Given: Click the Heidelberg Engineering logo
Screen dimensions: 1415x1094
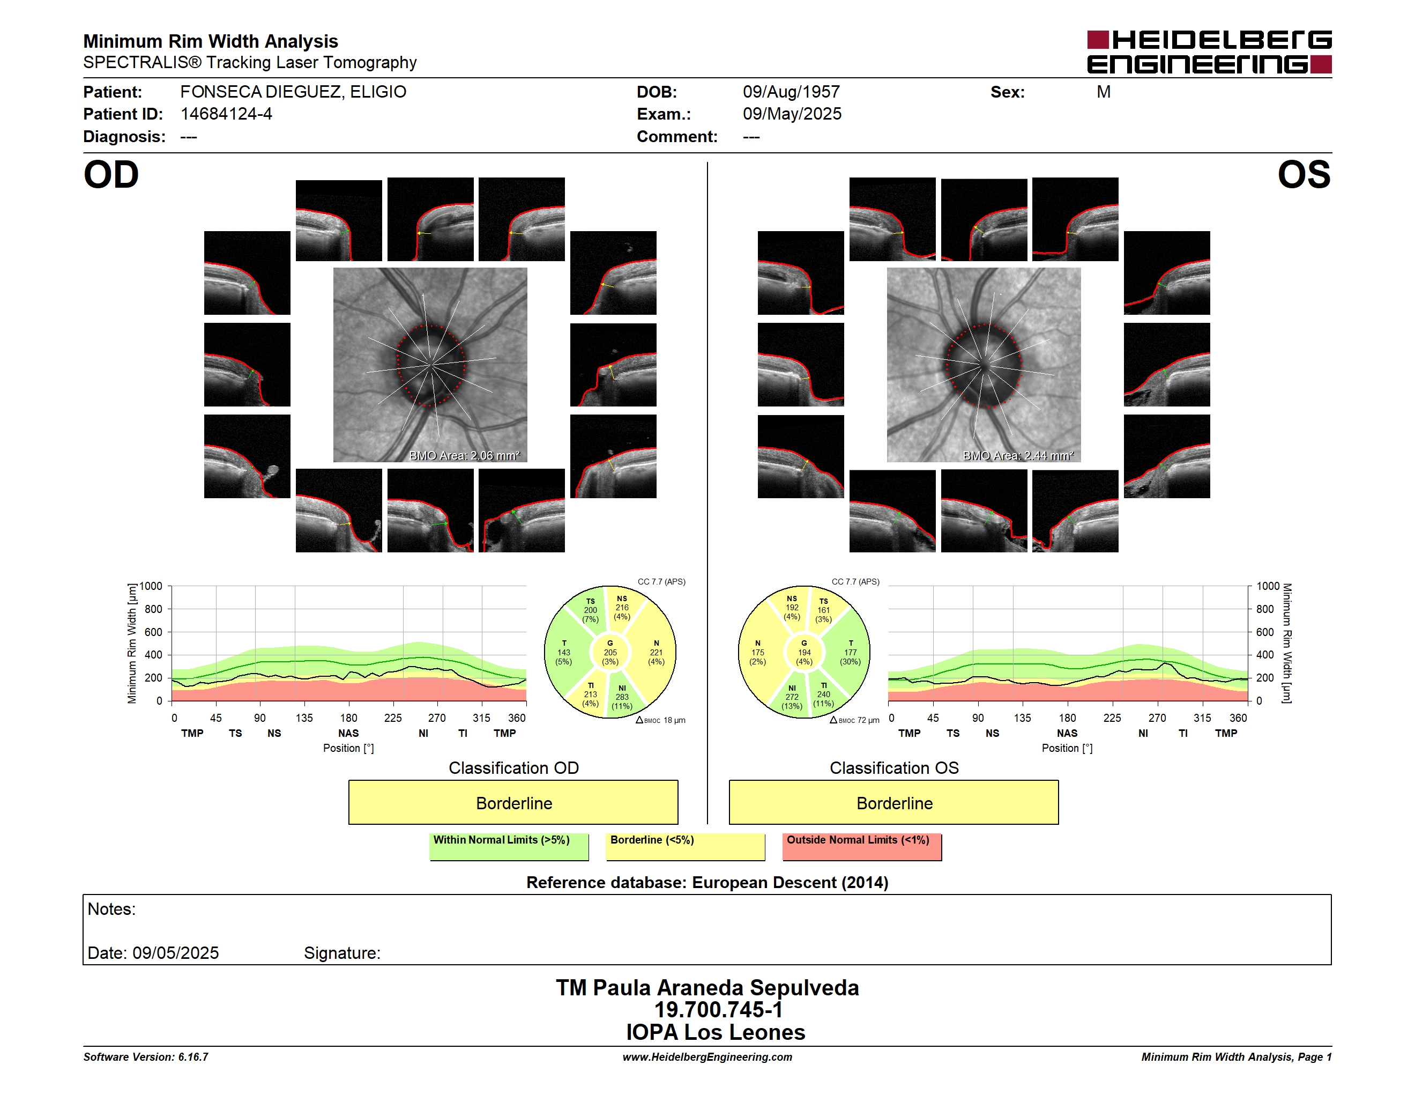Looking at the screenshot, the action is pyautogui.click(x=1209, y=52).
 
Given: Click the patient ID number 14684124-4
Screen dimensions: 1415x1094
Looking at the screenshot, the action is pyautogui.click(x=226, y=114).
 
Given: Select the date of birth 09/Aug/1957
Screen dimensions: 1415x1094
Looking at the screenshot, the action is pyautogui.click(x=791, y=92).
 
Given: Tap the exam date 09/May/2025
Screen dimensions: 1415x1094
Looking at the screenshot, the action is pyautogui.click(x=792, y=114).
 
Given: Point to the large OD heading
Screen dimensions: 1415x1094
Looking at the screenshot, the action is pyautogui.click(x=111, y=175).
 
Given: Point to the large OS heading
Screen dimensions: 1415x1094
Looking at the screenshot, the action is pyautogui.click(x=1304, y=175).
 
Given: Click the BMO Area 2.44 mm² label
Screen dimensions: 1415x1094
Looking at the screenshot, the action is pyautogui.click(x=1018, y=456).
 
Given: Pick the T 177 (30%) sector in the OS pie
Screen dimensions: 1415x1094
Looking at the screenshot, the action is pyautogui.click(x=850, y=653).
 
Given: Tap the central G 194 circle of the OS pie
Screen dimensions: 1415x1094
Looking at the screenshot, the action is pyautogui.click(x=804, y=653).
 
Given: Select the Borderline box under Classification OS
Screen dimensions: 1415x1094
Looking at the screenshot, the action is pyautogui.click(x=894, y=802).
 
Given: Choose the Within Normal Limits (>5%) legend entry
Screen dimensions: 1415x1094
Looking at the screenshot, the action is pyautogui.click(x=509, y=846).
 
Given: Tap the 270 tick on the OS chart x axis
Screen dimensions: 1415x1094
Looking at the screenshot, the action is pyautogui.click(x=1157, y=718).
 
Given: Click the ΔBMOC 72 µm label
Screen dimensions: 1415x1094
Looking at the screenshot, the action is pyautogui.click(x=854, y=720).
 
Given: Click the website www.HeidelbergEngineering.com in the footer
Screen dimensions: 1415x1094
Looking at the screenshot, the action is pyautogui.click(x=707, y=1057).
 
